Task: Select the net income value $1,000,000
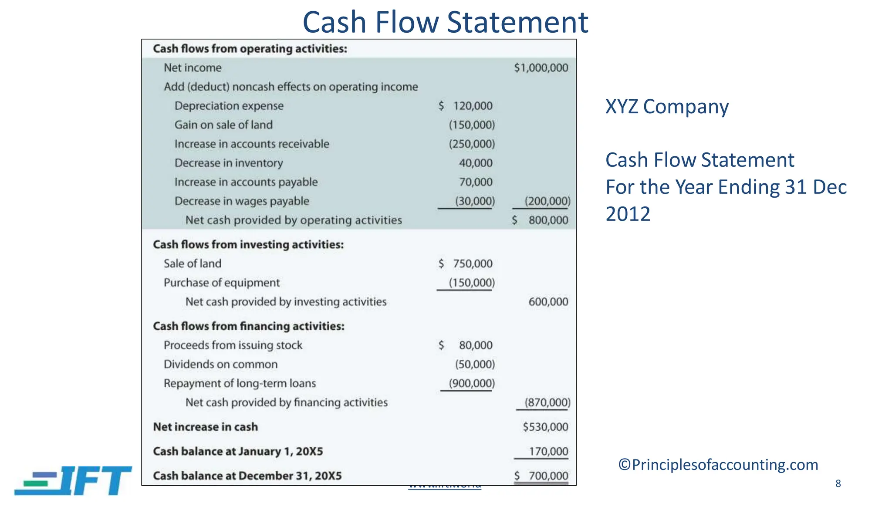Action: click(x=541, y=68)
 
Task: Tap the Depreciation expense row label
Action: click(x=229, y=106)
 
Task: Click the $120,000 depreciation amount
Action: click(x=466, y=106)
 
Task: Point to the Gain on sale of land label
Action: click(x=223, y=125)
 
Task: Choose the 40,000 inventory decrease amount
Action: click(x=476, y=163)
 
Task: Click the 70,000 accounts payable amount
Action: click(x=476, y=182)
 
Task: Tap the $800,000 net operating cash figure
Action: click(x=541, y=220)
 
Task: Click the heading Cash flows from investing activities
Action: click(x=248, y=244)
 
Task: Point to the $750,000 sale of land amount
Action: click(x=466, y=264)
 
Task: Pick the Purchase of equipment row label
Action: click(x=222, y=283)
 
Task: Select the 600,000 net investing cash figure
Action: click(x=548, y=302)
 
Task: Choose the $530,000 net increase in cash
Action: click(x=545, y=427)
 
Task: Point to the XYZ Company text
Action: click(x=667, y=107)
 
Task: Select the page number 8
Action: click(x=838, y=483)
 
